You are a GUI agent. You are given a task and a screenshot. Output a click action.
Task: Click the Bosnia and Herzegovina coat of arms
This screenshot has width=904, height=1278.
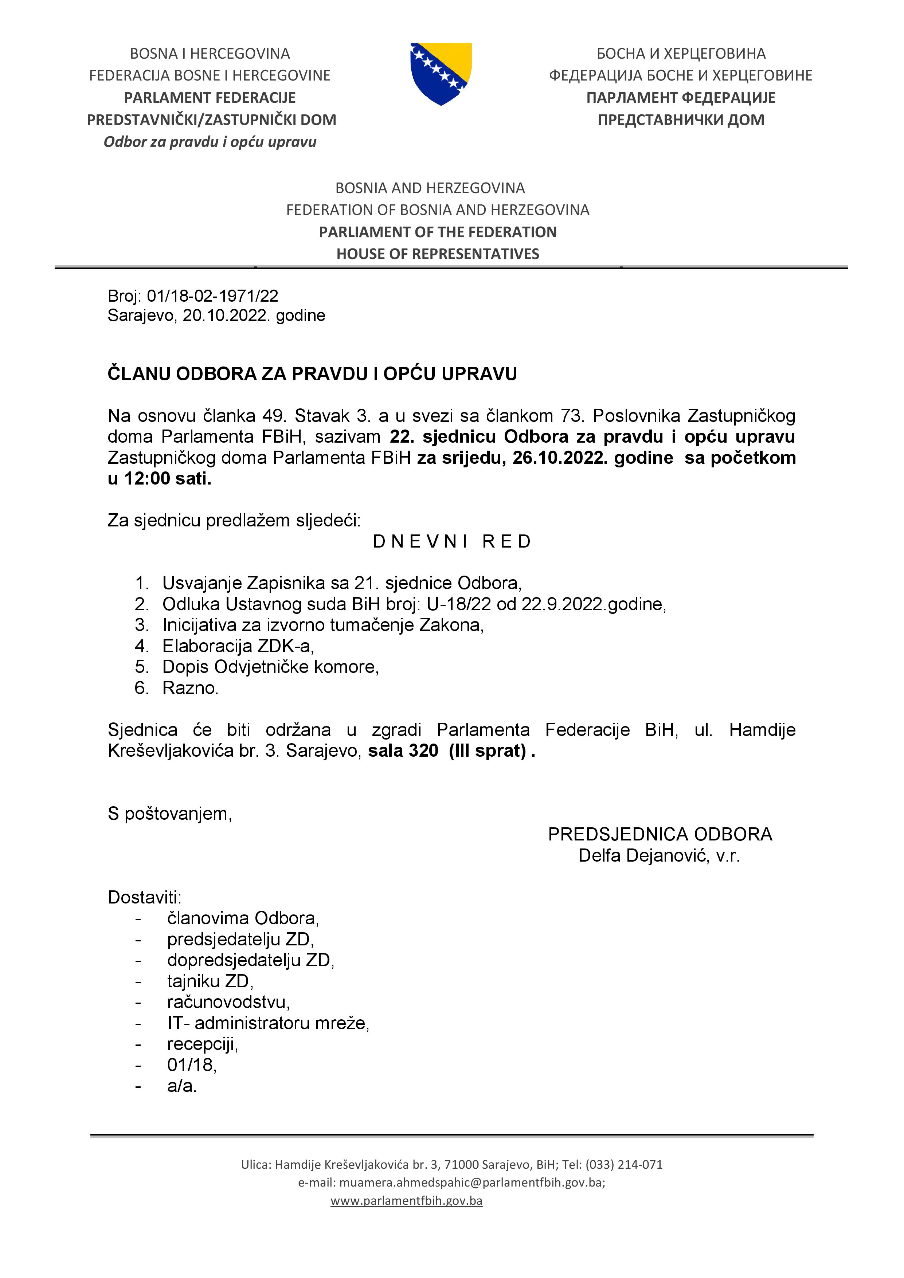click(441, 74)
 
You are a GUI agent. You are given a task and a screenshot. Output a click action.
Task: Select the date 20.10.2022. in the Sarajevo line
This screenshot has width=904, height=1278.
click(227, 315)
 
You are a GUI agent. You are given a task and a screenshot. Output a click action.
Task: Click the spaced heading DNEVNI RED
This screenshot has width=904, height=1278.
click(452, 542)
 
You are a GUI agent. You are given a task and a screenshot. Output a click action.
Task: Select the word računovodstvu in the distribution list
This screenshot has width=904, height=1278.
click(228, 1002)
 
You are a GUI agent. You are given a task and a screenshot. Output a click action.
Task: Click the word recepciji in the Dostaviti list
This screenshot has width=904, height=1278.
click(203, 1044)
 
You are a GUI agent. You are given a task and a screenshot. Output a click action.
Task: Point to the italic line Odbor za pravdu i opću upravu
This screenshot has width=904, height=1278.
click(210, 142)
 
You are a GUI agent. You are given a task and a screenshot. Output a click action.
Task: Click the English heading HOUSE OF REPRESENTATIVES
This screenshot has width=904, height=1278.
click(438, 254)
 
